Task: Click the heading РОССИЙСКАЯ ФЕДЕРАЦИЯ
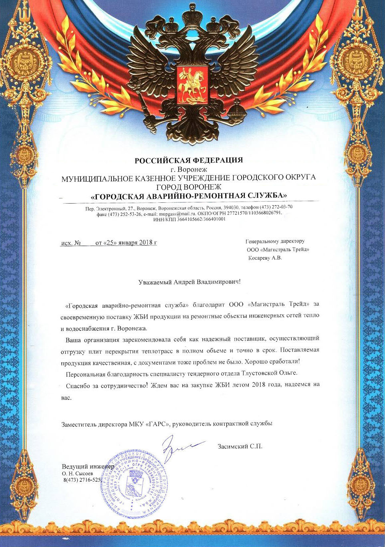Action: coord(189,160)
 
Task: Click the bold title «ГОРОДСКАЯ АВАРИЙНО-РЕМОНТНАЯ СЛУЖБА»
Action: coord(189,196)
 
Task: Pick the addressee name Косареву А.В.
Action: coord(265,258)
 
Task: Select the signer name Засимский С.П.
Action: coord(240,446)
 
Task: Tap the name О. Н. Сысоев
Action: coord(77,473)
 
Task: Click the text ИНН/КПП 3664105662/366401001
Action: coord(189,219)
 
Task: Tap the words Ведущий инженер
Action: coord(88,466)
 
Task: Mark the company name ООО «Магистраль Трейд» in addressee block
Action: coord(278,249)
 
